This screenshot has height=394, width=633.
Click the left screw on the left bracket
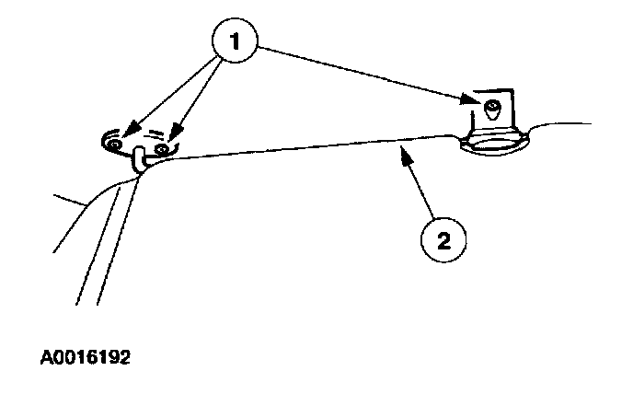point(113,145)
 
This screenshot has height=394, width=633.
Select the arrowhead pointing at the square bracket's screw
point(474,98)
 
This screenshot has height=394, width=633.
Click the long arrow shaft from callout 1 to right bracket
point(368,71)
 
